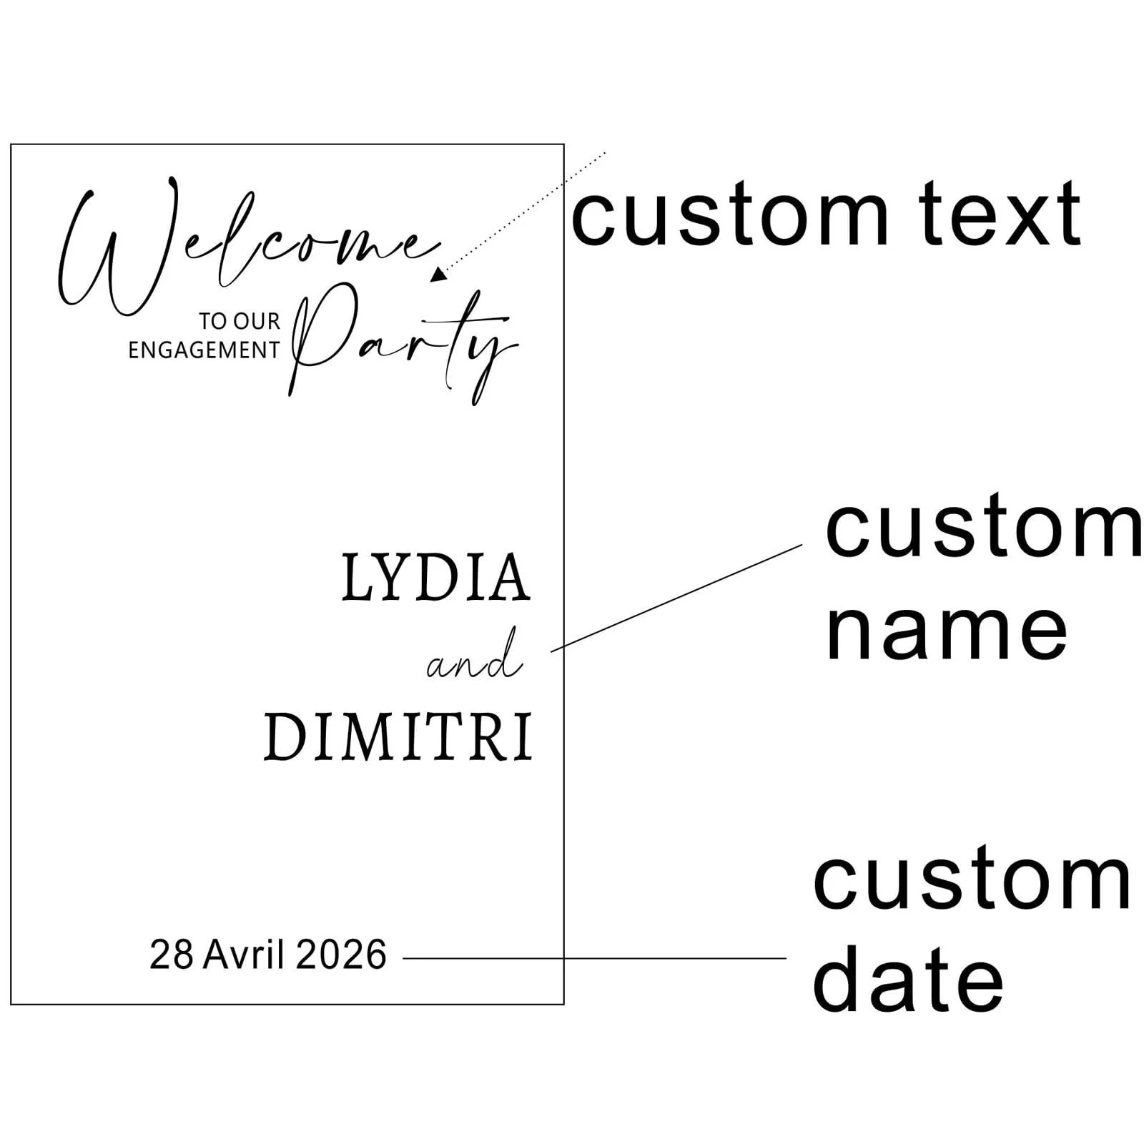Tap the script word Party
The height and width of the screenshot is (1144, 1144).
tap(404, 343)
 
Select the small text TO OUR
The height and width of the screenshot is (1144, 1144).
tap(240, 322)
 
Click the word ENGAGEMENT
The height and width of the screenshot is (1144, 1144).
tap(204, 350)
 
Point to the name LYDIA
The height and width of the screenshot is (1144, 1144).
tap(436, 578)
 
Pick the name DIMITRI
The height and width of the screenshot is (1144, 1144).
tap(398, 737)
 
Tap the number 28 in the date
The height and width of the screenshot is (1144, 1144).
tap(172, 955)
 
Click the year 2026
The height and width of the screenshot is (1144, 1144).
tap(341, 955)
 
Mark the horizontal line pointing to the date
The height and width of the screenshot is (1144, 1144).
tap(593, 958)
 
